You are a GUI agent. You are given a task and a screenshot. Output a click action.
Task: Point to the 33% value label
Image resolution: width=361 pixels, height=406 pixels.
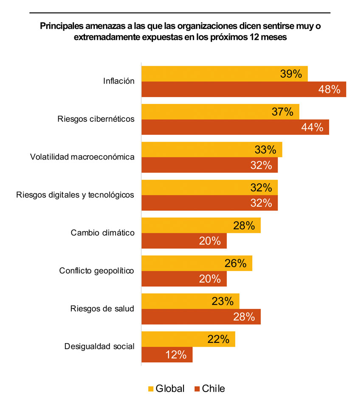[x=265, y=150]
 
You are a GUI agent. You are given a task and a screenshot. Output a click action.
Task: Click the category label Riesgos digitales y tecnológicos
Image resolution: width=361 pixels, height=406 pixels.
[x=75, y=195]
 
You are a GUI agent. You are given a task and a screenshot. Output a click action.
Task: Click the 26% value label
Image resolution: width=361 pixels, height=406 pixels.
[x=236, y=263]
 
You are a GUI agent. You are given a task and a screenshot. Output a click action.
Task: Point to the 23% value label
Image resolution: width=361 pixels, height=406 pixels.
[x=223, y=301]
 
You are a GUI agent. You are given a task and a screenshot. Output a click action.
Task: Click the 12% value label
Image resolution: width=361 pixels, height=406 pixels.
[x=176, y=355]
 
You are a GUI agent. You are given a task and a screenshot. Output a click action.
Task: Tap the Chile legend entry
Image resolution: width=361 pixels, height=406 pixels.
[x=209, y=389]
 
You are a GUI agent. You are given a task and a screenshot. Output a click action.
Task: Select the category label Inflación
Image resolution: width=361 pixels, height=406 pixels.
[x=118, y=81]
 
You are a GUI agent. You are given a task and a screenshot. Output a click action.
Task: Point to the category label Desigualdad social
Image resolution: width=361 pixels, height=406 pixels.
[x=99, y=347]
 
